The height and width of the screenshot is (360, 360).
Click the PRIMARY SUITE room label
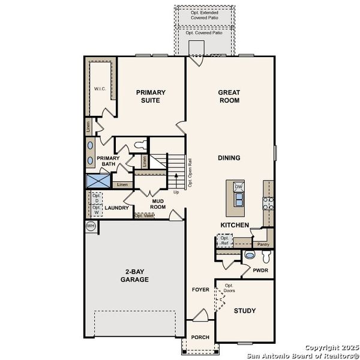[x=151, y=97]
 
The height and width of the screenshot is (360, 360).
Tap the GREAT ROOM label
[x=229, y=97]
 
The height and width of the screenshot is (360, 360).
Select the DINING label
[x=229, y=158]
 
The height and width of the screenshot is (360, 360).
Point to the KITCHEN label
[x=234, y=224]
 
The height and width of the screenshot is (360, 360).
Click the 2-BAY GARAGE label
[x=134, y=275]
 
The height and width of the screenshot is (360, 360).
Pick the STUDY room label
[x=245, y=311]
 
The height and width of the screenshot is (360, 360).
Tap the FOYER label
[x=200, y=290]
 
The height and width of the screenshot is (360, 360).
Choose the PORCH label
[x=200, y=337]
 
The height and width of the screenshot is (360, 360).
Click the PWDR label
[x=260, y=271]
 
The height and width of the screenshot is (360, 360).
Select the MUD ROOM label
[x=157, y=204]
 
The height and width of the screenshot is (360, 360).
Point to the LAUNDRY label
[x=116, y=208]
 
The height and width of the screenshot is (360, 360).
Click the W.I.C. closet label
[x=100, y=89]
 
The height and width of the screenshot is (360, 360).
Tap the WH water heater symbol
[x=91, y=226]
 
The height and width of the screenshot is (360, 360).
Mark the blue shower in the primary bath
[x=97, y=181]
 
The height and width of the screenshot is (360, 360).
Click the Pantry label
[x=262, y=244]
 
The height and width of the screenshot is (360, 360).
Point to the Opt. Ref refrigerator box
[x=225, y=241]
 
